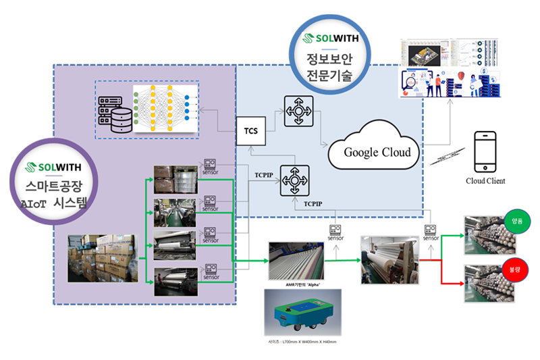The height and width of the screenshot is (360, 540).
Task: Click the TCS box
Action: click(251, 130)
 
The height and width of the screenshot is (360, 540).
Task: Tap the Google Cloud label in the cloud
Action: click(377, 151)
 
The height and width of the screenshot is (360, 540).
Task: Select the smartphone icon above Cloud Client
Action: click(485, 151)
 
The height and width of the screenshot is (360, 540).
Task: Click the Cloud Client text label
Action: click(485, 181)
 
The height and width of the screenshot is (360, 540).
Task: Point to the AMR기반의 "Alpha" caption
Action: click(299, 286)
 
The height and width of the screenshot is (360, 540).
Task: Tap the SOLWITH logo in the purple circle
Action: click(55, 166)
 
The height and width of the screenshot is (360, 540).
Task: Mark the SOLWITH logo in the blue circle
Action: click(329, 38)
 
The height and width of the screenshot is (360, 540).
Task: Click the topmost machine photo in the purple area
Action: click(175, 179)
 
